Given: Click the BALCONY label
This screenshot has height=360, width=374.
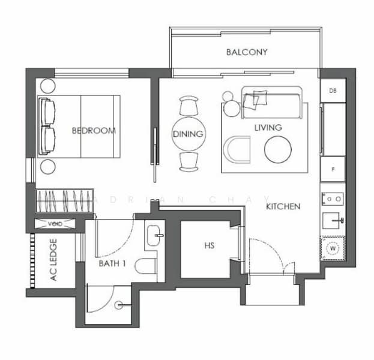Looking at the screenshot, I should [247, 52].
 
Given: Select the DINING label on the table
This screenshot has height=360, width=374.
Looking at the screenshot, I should [188, 134].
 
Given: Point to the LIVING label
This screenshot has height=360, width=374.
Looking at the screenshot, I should [268, 128].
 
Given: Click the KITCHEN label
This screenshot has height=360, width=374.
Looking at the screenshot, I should [283, 206].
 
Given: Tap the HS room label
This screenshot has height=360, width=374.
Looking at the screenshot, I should [209, 245].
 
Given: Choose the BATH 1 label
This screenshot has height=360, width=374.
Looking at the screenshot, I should [112, 262].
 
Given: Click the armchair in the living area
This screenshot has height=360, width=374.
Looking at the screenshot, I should [237, 150].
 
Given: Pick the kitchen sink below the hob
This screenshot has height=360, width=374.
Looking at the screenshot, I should [333, 221].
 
